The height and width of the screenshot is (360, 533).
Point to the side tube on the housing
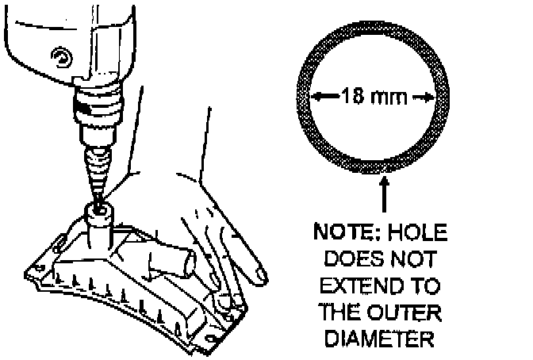[x=175, y=262]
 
